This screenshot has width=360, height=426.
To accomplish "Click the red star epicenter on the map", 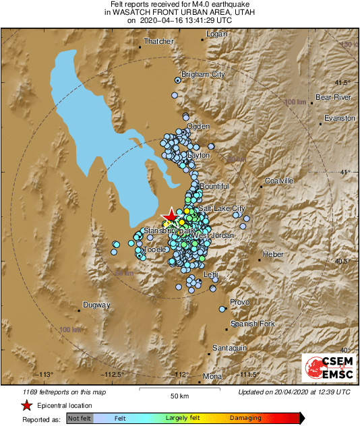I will coord(171,214).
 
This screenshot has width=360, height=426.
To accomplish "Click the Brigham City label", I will coord(203,75).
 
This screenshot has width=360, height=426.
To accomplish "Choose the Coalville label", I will coord(279,181).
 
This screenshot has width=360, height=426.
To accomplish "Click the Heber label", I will coord(273,254).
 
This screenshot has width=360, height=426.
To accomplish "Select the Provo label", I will coord(240,303).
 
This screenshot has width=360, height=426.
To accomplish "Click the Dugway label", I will coord(96,305).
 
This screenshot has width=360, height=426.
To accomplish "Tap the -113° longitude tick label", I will coord(44,375).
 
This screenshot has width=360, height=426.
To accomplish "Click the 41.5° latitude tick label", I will coord(342,82).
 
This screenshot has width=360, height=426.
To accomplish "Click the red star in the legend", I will coord(26,405).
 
